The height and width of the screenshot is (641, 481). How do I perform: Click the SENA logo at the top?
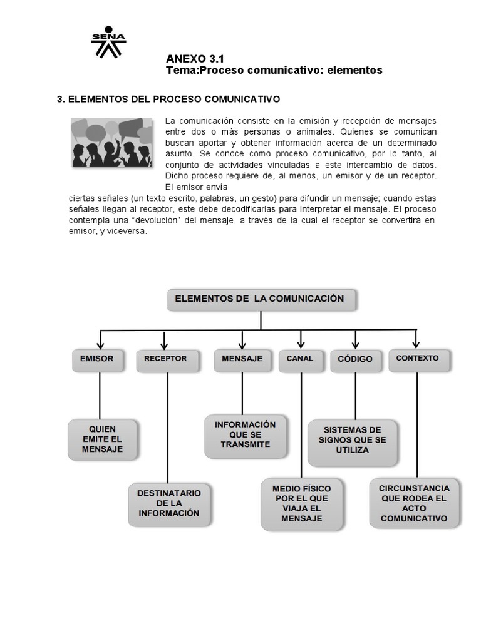coord(108,42)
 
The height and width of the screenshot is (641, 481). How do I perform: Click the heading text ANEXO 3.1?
coord(195,58)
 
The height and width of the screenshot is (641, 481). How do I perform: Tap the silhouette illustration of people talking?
coord(112,142)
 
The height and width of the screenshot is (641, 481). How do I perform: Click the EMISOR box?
coord(97,359)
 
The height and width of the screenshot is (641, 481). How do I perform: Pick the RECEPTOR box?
coord(165,359)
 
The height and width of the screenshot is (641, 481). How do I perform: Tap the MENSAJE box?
coord(242,359)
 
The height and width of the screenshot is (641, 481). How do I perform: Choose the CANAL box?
coord(299,359)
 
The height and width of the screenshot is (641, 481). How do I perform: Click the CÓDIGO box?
coord(355,360)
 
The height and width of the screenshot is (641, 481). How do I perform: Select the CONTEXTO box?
coord(417,359)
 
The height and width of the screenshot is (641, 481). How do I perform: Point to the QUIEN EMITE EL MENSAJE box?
coord(102,439)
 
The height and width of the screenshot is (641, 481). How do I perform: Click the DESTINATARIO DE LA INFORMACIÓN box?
coord(169,503)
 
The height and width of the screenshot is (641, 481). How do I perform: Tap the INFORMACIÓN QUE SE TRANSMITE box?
coord(246,434)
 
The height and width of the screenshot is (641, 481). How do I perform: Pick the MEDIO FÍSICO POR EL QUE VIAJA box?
coord(302,503)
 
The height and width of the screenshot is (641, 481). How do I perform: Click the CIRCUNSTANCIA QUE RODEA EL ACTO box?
coord(414,503)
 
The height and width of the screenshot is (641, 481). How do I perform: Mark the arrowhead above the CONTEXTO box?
coord(415,344)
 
